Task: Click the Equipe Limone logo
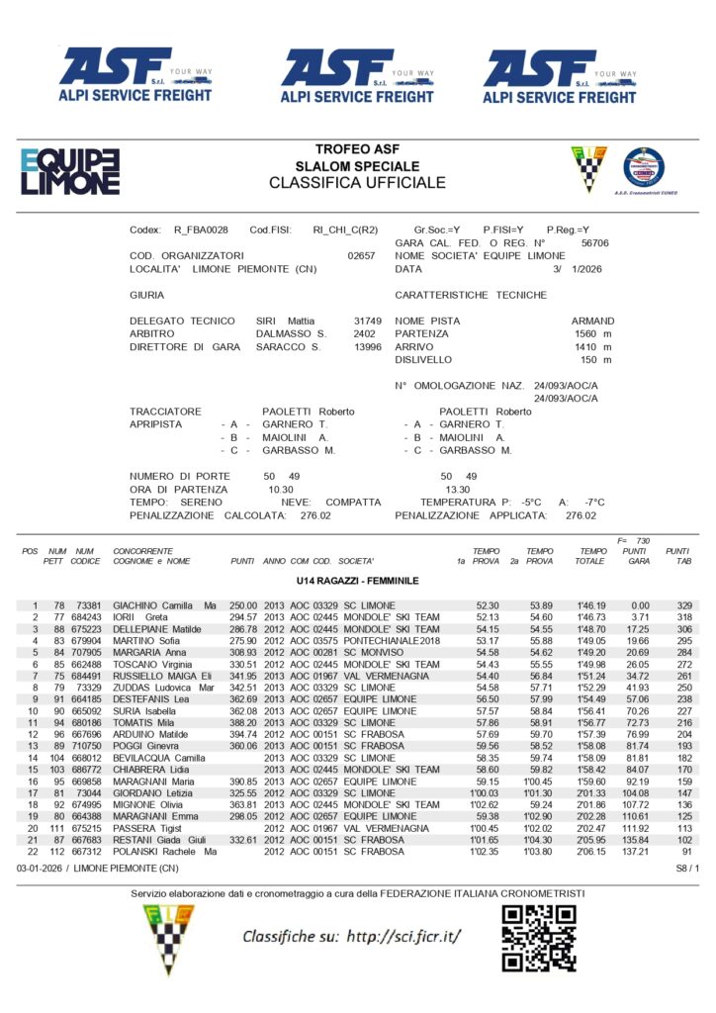69,171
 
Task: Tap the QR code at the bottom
538,937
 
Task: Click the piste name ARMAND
592,322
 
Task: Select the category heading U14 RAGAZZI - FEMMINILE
357,580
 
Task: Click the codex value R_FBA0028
201,230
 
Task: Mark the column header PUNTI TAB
677,556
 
